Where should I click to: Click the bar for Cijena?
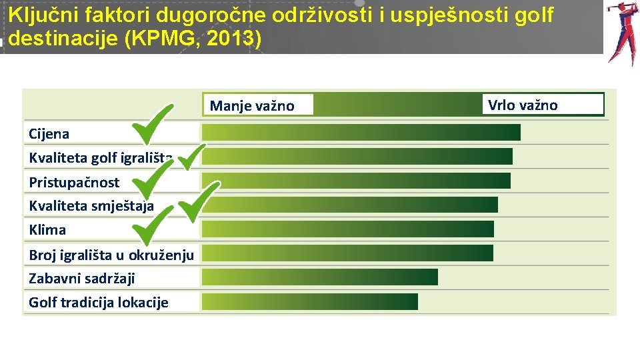[x=361, y=132]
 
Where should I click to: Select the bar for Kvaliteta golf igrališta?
[x=357, y=156]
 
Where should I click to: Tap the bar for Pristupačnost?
[x=356, y=181]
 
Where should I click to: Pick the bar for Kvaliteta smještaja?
[x=349, y=205]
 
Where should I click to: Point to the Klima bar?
[x=347, y=229]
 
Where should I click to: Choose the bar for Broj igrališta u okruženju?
[x=347, y=253]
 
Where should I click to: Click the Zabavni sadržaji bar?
[x=319, y=277]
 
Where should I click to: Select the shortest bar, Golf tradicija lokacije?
[x=309, y=301]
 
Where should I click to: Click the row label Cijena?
[x=49, y=133]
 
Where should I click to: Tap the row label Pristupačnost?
[x=74, y=182]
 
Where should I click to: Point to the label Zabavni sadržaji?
[x=81, y=278]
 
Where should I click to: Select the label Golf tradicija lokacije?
[x=98, y=302]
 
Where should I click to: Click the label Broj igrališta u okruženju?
[x=111, y=254]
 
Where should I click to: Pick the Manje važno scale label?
[x=251, y=105]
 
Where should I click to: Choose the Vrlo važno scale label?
[x=523, y=105]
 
